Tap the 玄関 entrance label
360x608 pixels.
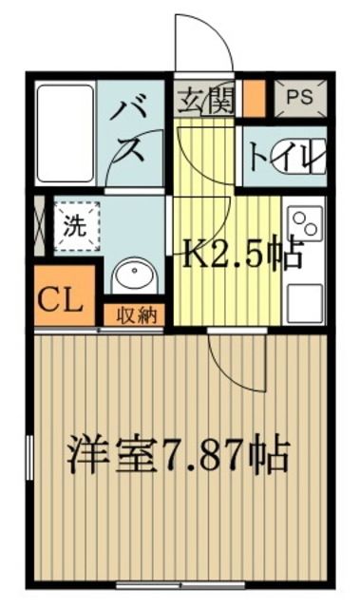(205, 99)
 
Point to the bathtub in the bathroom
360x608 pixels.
(66, 134)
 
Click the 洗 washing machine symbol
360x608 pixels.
(73, 229)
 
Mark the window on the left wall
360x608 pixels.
(29, 465)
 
